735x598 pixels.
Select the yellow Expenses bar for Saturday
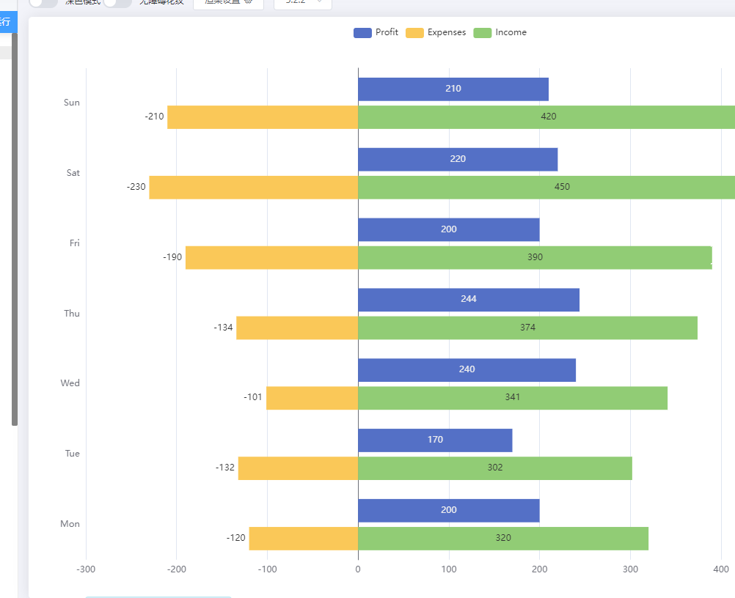pos(253,187)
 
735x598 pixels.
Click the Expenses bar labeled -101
pos(312,397)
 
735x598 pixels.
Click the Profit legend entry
pos(376,32)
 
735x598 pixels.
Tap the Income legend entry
pos(500,32)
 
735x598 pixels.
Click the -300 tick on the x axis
pos(86,569)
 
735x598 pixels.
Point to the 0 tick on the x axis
pos(358,569)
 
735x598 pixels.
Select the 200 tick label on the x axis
pos(540,569)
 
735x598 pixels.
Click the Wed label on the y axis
pos(70,383)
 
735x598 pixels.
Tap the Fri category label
pos(74,243)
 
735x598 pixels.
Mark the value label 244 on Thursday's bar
pos(468,299)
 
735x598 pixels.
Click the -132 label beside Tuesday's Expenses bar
pos(224,468)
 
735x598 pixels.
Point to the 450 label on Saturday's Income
pos(562,187)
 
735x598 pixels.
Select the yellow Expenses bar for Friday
pos(271,257)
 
